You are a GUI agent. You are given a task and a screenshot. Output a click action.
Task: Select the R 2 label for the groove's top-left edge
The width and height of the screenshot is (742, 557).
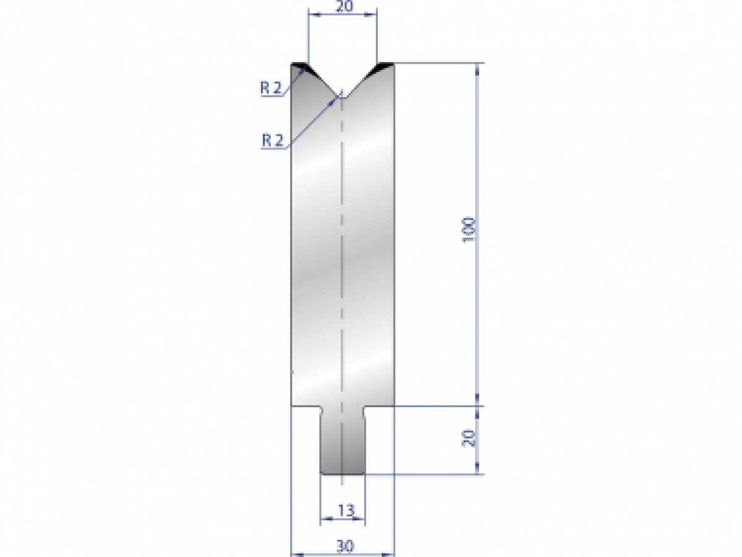(x=271, y=88)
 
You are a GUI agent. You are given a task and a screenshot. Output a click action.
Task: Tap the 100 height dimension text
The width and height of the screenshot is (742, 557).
(x=469, y=230)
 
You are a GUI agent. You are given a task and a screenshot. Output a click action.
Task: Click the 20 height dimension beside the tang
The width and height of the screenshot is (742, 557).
(x=469, y=439)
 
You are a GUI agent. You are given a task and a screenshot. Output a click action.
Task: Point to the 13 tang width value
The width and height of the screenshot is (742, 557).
(x=346, y=511)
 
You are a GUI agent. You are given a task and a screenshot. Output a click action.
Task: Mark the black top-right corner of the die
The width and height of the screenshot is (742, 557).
(x=385, y=65)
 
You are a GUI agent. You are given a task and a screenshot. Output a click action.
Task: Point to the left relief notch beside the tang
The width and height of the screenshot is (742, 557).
(x=322, y=411)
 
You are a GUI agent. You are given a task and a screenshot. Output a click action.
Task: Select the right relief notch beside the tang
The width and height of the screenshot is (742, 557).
(x=363, y=411)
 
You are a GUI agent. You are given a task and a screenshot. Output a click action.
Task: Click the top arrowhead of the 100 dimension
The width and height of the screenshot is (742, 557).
(x=477, y=68)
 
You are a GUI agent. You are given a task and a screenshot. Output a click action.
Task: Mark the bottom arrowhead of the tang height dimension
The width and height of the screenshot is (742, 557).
(x=477, y=470)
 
